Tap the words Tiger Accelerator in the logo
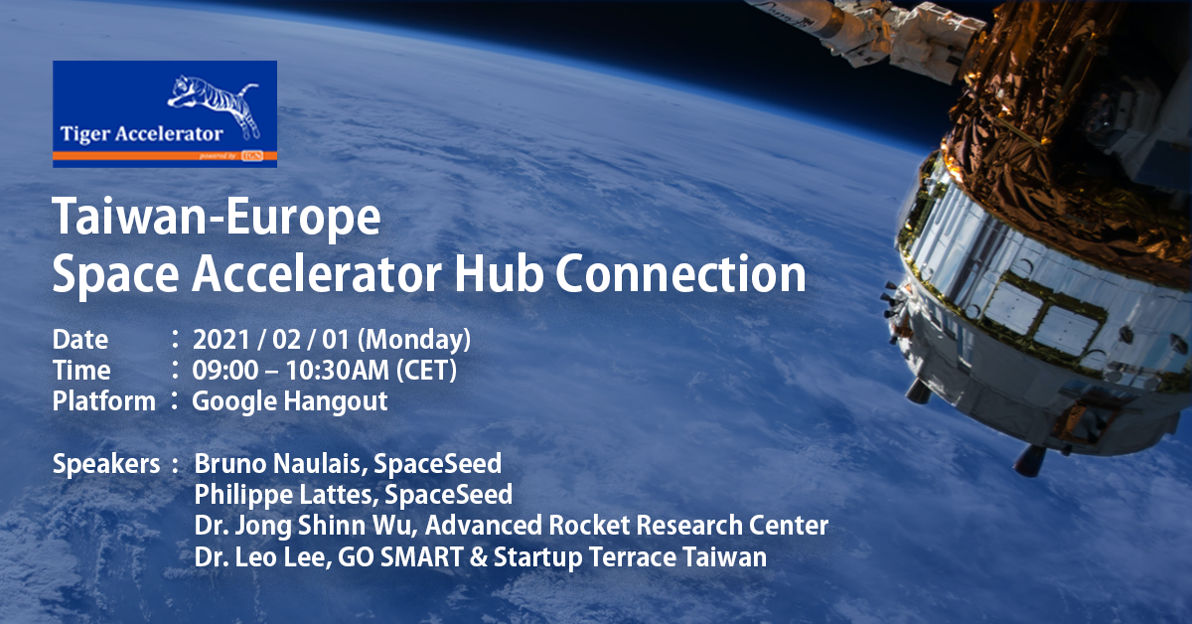coord(141,134)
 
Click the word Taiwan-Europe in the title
coord(217,217)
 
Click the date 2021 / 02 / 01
coord(270,340)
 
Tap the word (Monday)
coord(414,340)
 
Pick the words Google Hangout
coord(289,402)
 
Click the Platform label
coord(103,401)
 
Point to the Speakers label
coord(106,464)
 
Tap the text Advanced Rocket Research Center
coord(627,526)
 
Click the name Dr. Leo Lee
coord(260,557)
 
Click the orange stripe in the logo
coord(165,155)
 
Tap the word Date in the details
coord(79,340)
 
